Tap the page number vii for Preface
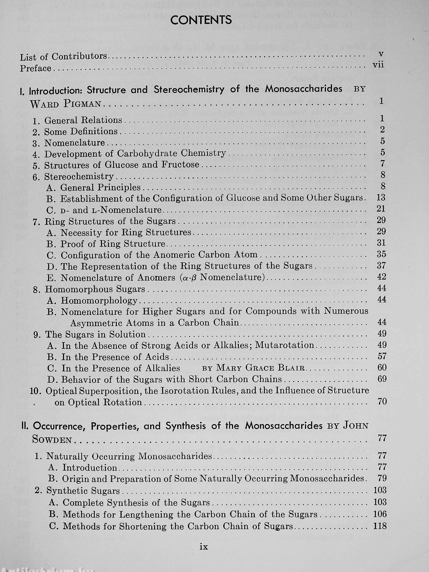point(378,65)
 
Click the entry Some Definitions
point(81,132)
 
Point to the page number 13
point(381,198)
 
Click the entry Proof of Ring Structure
point(113,244)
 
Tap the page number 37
point(381,266)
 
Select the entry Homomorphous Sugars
point(95,289)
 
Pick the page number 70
point(382,401)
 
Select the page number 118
point(380,526)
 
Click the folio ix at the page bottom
point(204,547)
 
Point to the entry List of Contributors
point(63,56)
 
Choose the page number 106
point(380,514)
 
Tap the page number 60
point(382,368)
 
